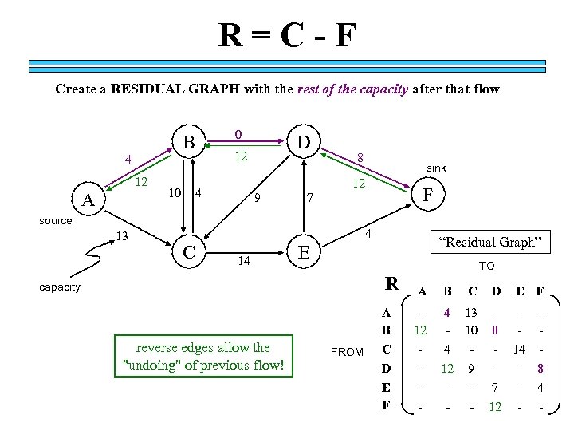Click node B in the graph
click(x=189, y=142)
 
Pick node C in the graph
click(x=189, y=252)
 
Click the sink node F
click(x=428, y=194)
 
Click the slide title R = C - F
click(x=288, y=36)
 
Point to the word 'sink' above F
click(x=436, y=168)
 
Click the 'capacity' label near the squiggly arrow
click(x=60, y=287)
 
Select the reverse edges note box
click(x=203, y=357)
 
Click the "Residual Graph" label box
click(x=491, y=242)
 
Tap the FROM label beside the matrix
click(x=347, y=352)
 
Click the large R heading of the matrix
click(x=391, y=283)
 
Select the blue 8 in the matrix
click(x=540, y=370)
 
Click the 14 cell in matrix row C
click(x=517, y=349)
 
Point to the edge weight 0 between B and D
click(x=238, y=134)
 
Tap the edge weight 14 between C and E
click(x=246, y=260)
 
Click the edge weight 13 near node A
click(x=122, y=236)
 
